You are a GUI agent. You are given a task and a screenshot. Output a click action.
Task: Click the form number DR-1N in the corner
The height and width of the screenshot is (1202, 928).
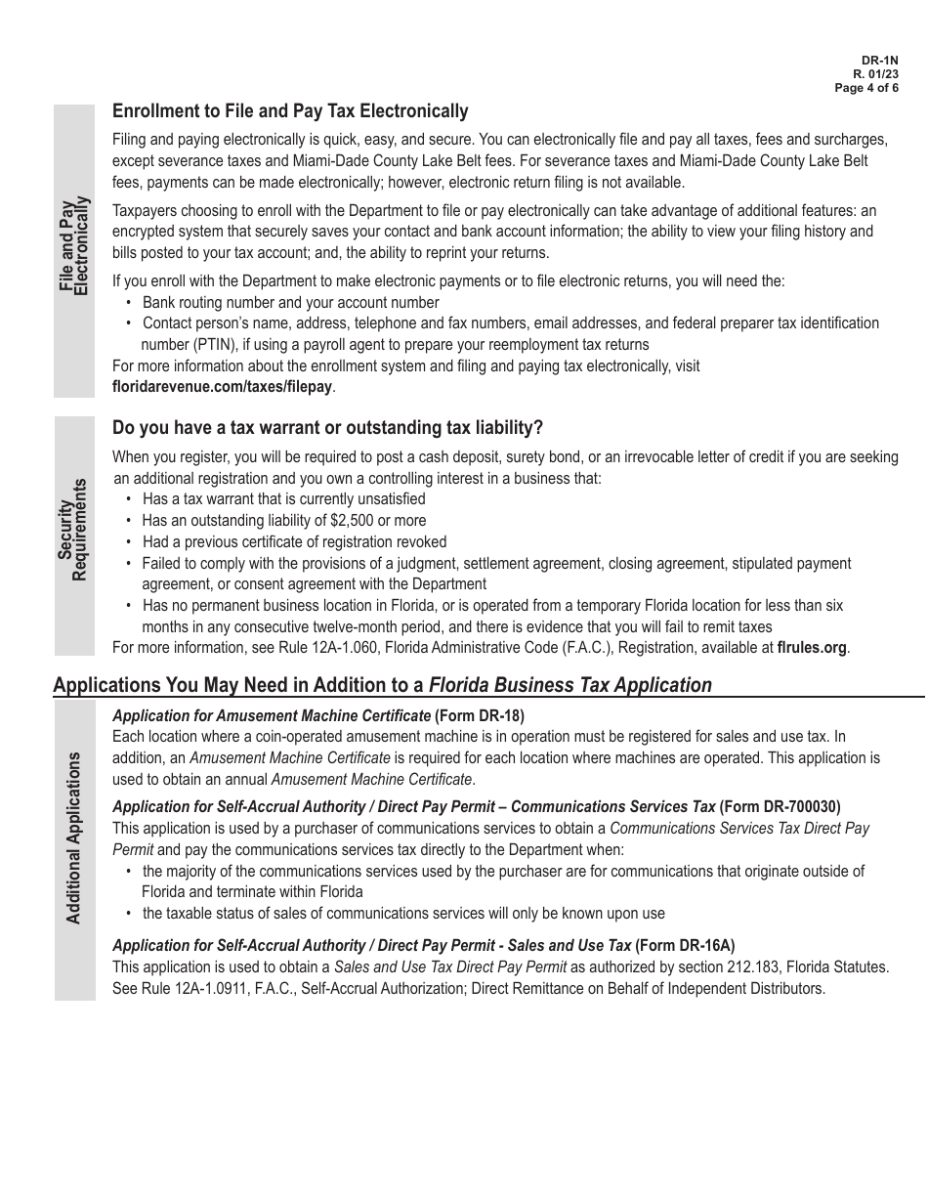click(883, 60)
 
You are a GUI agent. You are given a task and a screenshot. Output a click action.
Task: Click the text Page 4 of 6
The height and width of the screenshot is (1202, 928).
click(866, 88)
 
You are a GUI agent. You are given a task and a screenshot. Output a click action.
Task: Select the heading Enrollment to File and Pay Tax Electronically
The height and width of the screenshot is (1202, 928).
click(290, 111)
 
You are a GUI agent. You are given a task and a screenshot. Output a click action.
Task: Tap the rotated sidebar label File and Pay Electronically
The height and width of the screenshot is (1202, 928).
click(73, 245)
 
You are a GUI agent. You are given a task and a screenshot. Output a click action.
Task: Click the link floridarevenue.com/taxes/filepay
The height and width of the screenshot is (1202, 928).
click(223, 387)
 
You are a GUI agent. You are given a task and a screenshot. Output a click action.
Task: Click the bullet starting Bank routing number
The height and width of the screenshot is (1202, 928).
click(290, 303)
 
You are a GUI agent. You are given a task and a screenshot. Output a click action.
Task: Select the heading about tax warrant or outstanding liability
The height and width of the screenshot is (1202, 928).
click(327, 428)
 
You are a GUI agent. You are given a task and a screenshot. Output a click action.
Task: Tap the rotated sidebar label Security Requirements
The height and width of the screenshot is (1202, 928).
click(73, 529)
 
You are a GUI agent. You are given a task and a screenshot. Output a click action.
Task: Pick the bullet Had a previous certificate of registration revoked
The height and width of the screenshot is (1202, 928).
click(294, 541)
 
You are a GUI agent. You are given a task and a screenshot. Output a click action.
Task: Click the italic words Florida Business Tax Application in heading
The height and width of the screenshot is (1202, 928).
click(570, 685)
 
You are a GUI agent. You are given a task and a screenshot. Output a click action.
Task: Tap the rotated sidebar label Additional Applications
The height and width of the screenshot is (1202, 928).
click(73, 838)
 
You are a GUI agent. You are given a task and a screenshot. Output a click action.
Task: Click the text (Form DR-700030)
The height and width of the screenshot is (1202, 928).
click(780, 807)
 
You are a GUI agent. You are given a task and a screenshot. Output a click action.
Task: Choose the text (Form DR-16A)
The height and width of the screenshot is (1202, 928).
click(685, 946)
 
